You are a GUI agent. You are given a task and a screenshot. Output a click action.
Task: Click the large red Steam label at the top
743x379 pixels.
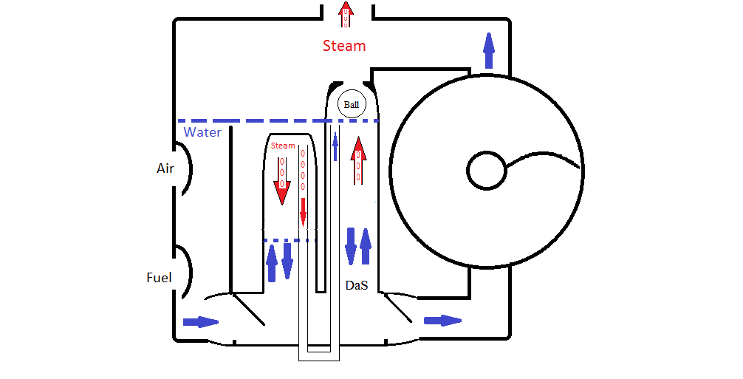(344, 46)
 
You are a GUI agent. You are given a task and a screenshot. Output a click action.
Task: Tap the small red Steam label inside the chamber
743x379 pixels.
(283, 146)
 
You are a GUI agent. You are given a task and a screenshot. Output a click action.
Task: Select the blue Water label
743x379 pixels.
(202, 132)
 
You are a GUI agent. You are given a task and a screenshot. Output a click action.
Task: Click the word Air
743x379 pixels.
(165, 168)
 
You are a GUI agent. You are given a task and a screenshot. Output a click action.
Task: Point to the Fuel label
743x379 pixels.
(159, 277)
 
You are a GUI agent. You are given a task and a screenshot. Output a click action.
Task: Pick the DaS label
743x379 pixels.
(356, 285)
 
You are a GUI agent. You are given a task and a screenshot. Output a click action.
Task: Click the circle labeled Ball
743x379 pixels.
(352, 104)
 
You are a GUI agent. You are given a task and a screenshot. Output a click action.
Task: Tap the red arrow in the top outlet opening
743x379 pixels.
(346, 15)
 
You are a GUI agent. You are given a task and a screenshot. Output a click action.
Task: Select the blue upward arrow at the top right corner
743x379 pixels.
(489, 50)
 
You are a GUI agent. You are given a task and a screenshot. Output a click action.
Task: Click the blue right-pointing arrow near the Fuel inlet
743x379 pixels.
(201, 322)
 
